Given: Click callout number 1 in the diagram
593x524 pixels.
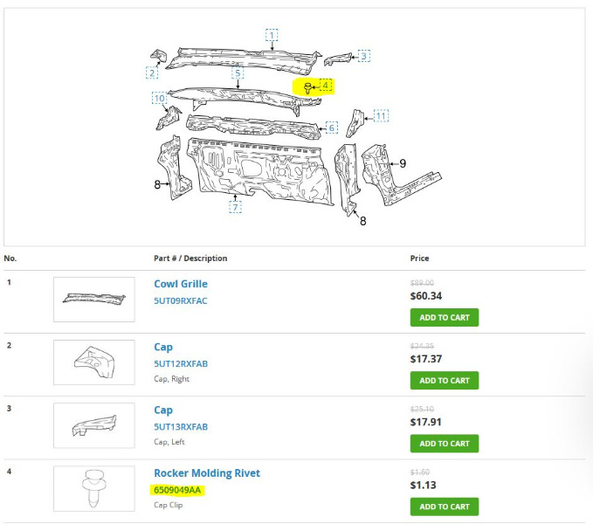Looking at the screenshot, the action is pos(272,35).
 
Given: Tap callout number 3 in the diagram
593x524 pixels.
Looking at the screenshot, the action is pos(364,57).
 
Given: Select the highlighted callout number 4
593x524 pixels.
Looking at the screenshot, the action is pos(325,85).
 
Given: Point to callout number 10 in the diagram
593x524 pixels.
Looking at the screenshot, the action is pos(160,99).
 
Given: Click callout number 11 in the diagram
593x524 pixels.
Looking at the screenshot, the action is pos(381,116).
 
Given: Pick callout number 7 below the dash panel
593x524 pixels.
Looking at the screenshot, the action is pos(235,207).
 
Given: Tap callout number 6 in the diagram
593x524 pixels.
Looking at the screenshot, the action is pos(332,128).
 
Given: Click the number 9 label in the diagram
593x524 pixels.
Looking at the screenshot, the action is pos(403,163).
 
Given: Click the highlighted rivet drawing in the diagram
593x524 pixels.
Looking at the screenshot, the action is pos(307,88).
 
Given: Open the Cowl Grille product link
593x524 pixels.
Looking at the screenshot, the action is pos(181,284).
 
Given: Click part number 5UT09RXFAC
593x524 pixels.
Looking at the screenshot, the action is pos(181,301).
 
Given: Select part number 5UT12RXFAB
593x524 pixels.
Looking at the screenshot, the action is pos(181,363).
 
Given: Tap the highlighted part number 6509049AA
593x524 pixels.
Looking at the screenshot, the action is pos(177,490).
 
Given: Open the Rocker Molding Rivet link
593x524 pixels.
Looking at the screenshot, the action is pos(207,473).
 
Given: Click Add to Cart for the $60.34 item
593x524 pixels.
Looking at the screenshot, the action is pos(445,318).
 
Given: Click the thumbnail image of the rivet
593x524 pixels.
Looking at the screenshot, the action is pos(94,488).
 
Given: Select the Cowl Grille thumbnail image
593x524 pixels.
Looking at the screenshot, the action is pos(94,300).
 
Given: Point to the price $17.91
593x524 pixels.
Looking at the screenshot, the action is pos(426,422).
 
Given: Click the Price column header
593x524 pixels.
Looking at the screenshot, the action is pos(419,259).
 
